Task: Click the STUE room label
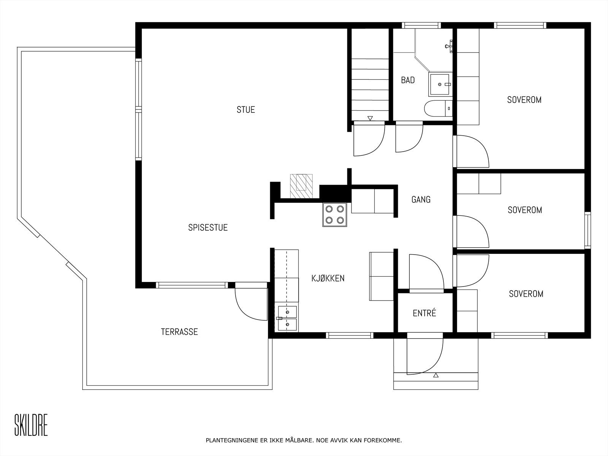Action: tap(246, 110)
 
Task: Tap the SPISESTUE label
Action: tap(208, 227)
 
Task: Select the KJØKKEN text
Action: tap(328, 278)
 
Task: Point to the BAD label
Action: tap(408, 80)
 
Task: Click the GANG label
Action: tap(421, 199)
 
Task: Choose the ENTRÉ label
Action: tap(424, 313)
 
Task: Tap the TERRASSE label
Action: tap(179, 332)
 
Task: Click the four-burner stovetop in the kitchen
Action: tap(335, 215)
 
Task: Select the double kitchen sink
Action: tap(287, 318)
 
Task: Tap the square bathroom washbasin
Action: tap(439, 84)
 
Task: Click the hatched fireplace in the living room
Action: tap(301, 186)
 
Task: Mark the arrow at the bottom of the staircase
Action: tap(370, 118)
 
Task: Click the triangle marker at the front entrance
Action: tap(436, 375)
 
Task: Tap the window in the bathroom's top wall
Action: tap(421, 25)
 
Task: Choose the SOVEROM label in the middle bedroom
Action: tap(525, 210)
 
